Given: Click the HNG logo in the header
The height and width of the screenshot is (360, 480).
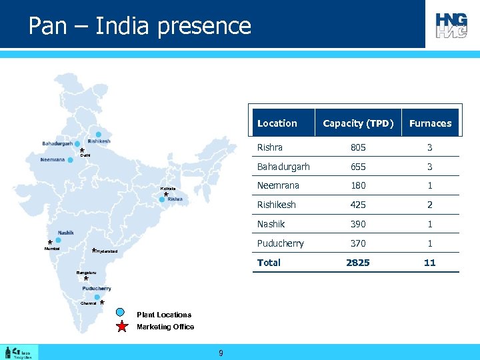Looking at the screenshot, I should (x=451, y=25).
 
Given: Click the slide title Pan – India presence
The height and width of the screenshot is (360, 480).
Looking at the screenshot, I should (x=140, y=26).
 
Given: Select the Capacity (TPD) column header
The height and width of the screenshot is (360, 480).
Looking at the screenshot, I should (x=358, y=123).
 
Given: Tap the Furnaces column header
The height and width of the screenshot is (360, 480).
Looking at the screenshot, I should (x=430, y=123).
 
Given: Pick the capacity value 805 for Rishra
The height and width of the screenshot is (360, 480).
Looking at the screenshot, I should (x=358, y=147).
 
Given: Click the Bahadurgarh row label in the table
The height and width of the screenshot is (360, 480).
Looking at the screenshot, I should (x=283, y=167).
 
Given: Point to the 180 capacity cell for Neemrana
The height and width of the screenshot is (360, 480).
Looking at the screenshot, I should (x=358, y=185).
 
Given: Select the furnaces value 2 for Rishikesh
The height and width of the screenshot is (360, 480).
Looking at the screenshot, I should (x=430, y=205).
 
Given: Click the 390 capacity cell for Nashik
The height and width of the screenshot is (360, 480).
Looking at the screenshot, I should (x=358, y=224).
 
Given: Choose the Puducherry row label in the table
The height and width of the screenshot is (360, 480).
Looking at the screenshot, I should (x=281, y=243).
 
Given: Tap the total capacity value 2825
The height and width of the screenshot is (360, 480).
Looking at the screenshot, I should (x=358, y=263).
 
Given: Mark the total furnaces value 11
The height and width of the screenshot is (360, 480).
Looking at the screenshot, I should (x=430, y=263).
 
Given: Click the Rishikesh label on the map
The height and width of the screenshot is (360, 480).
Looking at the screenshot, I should (x=99, y=141).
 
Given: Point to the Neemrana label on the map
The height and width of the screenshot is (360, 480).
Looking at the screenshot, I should (x=52, y=160).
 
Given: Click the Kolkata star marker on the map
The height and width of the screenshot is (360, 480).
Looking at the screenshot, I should (x=166, y=195).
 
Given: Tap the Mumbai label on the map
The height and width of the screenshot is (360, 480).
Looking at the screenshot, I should (x=52, y=249).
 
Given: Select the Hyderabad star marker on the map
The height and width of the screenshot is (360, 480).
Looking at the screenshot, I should (x=94, y=251).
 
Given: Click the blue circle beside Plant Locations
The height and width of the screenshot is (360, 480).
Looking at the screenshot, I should (x=121, y=312).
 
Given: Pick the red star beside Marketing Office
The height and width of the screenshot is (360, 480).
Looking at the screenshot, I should (x=122, y=327).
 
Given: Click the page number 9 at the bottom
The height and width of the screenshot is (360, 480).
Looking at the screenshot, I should (x=221, y=352).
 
